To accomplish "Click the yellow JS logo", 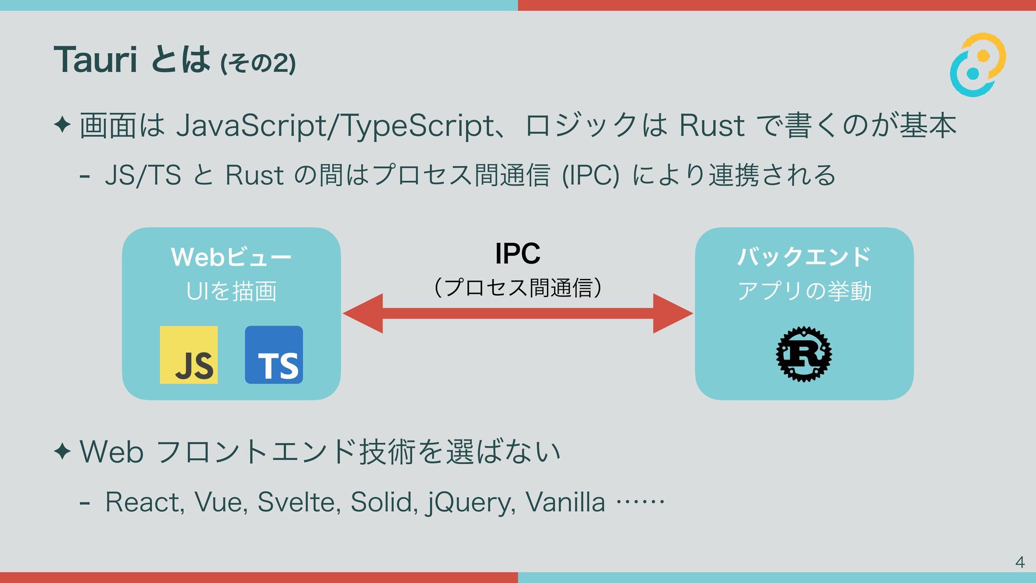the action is tap(189, 355).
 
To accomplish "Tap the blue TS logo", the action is tap(274, 355).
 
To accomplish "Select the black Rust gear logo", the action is tap(804, 354).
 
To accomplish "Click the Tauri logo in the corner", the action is tap(978, 65).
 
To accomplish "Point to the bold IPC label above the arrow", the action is tap(517, 254).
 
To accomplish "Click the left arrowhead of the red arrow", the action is tap(363, 313).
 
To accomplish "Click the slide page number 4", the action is tap(1019, 562).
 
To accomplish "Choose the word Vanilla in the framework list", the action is tap(565, 502).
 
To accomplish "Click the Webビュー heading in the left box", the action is tap(231, 257).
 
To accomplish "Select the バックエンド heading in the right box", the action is tap(804, 257).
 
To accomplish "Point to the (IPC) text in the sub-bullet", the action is tap(590, 175).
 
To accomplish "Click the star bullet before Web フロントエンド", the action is tap(63, 451).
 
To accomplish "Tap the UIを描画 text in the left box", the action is tap(231, 291).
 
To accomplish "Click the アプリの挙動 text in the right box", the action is tap(804, 291).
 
